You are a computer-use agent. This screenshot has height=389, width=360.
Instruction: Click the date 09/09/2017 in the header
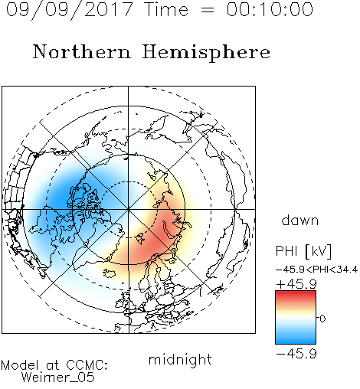pos(69,10)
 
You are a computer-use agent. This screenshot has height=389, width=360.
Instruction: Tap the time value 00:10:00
pos(270,9)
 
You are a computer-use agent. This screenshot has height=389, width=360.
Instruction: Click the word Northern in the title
pos(82,51)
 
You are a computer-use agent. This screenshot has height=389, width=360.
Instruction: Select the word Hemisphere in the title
pos(206,53)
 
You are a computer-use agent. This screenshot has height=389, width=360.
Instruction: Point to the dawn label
pos(300,221)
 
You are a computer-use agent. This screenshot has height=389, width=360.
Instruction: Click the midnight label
pos(180,360)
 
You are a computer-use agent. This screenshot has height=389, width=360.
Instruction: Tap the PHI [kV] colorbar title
pos(303,251)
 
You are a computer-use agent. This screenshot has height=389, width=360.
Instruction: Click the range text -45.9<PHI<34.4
pos(316,270)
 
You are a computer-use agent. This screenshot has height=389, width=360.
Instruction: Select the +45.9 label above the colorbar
pos(296,284)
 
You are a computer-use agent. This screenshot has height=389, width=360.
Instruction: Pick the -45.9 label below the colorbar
pos(296,354)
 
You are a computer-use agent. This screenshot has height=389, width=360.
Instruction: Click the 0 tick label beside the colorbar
pos(322,319)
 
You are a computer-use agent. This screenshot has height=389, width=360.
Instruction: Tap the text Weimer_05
pos(58,378)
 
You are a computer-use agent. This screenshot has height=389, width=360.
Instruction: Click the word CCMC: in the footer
pos(87,365)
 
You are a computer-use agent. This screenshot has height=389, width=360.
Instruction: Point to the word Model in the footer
pos(20,365)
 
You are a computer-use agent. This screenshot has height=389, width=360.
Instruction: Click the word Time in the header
pos(166,10)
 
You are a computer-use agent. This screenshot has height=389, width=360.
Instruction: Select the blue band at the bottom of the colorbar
pos(296,341)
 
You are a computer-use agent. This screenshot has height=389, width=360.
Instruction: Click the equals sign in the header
pos(208,10)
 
